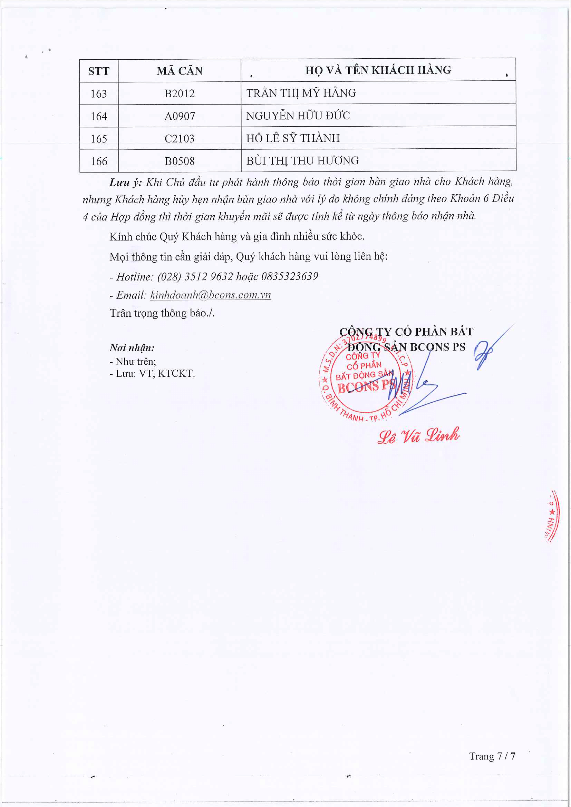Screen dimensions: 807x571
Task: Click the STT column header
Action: tap(99, 71)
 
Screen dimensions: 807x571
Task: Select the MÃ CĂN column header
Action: tap(179, 71)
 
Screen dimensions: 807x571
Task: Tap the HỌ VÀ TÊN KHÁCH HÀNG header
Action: tap(378, 70)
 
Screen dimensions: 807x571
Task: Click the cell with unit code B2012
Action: tap(179, 94)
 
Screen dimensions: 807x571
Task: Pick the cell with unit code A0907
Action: tap(179, 116)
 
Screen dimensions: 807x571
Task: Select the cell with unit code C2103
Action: tap(179, 138)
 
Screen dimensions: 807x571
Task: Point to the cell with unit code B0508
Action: tap(179, 161)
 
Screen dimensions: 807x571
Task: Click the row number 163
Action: tap(99, 94)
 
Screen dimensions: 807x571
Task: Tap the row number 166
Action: tap(99, 161)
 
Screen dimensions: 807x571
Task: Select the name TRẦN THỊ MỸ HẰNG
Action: tap(301, 93)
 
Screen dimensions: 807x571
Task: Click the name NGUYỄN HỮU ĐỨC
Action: tap(298, 116)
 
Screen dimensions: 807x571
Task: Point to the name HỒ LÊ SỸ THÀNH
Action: tap(293, 138)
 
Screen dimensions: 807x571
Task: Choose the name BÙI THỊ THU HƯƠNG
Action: tap(302, 161)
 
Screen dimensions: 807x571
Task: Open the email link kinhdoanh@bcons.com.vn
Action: tap(210, 295)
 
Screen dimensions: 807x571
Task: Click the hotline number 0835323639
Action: tap(289, 276)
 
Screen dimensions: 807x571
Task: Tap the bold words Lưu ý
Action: tap(126, 183)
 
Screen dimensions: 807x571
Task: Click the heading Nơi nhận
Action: tap(132, 348)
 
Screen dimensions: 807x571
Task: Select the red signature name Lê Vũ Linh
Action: tap(418, 436)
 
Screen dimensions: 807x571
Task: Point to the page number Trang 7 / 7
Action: tap(492, 756)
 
